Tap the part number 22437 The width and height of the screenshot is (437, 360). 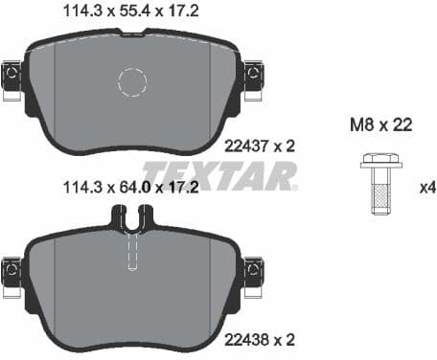pos(241,146)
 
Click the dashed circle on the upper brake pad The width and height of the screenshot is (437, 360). pos(133,83)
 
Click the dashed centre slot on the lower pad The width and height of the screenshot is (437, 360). pos(133,254)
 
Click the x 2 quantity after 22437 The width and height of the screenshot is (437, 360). pos(277,146)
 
